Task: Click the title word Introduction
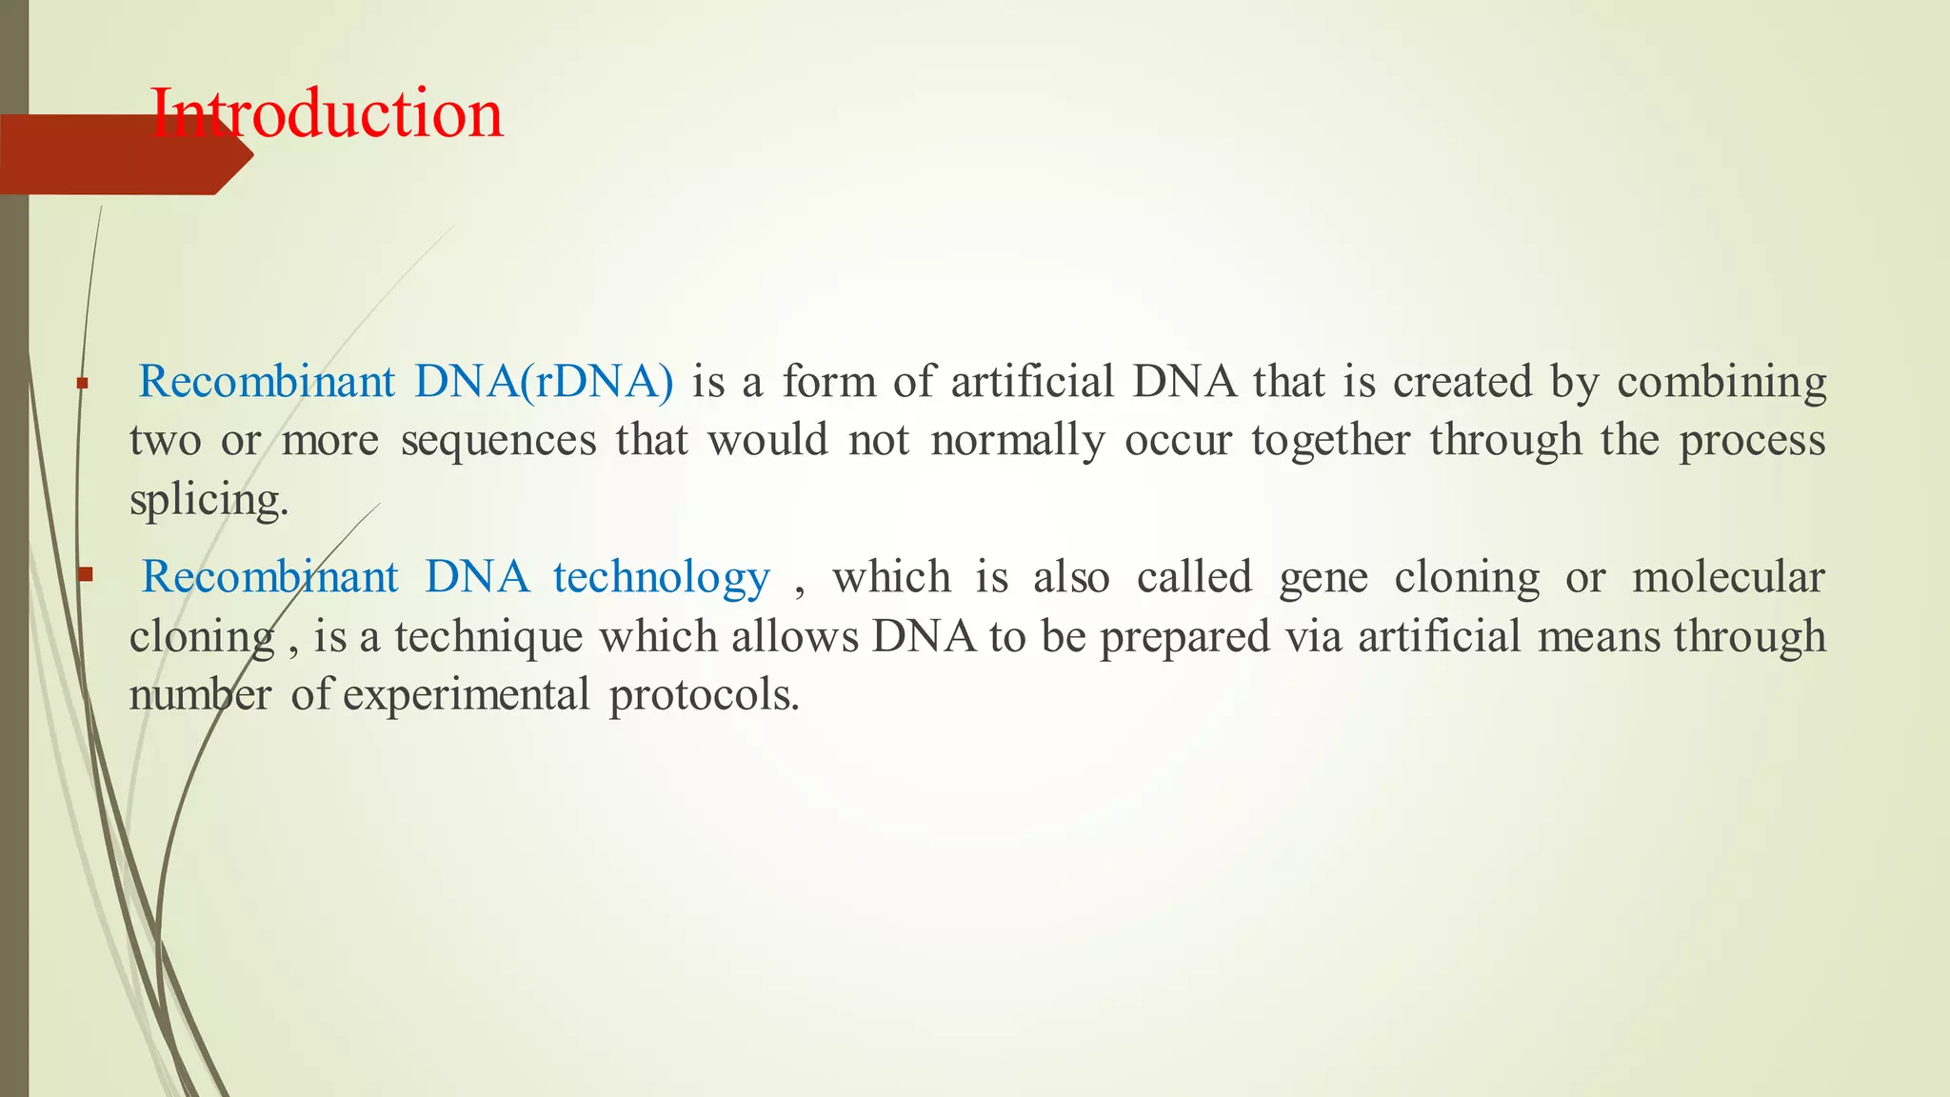tap(327, 114)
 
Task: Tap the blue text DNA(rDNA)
tap(544, 382)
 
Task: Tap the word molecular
tap(1728, 577)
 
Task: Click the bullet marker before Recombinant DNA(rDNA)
tap(83, 384)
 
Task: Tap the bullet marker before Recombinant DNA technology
tap(85, 574)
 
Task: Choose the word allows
tap(795, 636)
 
